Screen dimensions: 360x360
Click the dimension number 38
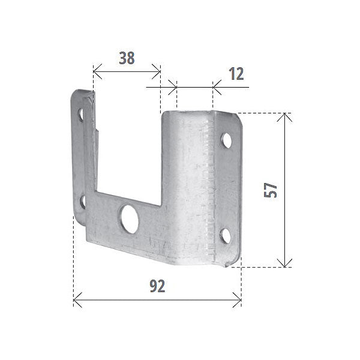click(x=127, y=58)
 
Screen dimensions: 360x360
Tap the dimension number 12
click(x=236, y=74)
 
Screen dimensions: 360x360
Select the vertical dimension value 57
click(x=271, y=190)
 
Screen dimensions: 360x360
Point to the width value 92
click(x=157, y=286)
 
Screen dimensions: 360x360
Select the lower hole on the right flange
click(x=226, y=234)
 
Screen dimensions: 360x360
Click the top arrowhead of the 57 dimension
click(x=286, y=116)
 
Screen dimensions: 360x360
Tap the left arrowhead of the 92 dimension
click(x=76, y=299)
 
